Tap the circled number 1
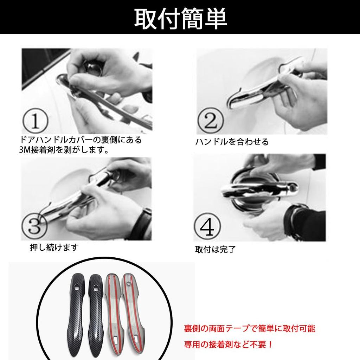(35, 121)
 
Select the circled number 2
(211, 120)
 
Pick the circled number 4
(207, 226)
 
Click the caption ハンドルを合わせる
(232, 142)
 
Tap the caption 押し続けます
(54, 247)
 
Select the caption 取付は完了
(216, 250)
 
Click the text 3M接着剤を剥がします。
(64, 150)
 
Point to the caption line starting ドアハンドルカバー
(81, 140)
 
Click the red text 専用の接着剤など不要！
(229, 345)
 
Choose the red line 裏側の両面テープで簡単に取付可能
(250, 329)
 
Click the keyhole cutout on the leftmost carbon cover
(77, 287)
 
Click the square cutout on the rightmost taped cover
(137, 337)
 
